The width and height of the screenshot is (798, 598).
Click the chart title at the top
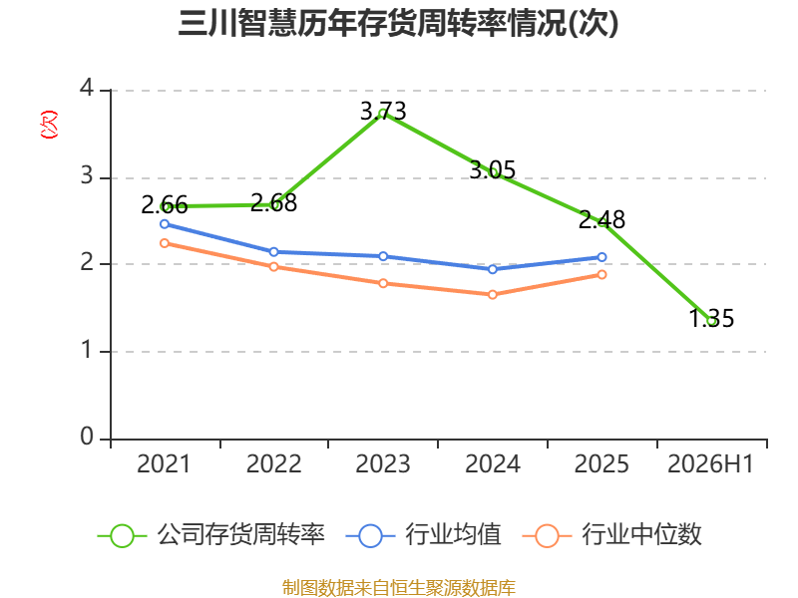398,23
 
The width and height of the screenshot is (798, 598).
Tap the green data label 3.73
383,112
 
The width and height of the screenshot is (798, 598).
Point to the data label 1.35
711,318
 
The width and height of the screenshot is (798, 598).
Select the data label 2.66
165,205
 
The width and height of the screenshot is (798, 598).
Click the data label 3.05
492,169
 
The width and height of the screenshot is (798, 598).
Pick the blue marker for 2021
165,223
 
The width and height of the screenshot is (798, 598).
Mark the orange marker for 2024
492,294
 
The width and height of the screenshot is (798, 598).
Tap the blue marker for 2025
601,257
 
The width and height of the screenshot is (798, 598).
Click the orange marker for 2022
273,266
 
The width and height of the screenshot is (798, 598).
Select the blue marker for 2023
383,256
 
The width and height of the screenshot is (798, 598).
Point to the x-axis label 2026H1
710,463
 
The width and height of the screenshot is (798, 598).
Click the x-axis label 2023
383,463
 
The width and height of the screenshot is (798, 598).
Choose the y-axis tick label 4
87,88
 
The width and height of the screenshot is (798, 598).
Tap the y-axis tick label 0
87,437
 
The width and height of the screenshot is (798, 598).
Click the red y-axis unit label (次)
49,125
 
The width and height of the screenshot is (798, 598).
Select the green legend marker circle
122,536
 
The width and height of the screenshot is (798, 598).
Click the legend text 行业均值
454,534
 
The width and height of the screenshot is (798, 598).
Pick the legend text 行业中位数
641,534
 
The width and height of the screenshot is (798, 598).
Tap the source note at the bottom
399,588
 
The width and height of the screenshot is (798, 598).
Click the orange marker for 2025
601,275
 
